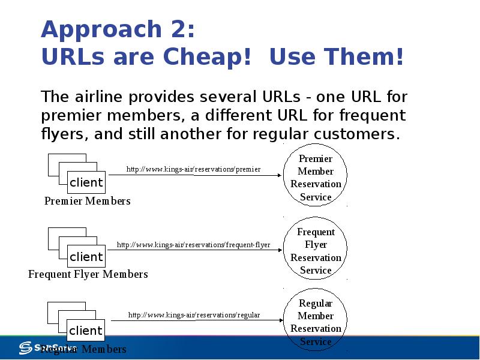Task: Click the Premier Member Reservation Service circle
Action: (316, 178)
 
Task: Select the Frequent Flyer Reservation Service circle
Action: (316, 251)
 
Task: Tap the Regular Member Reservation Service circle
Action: (316, 322)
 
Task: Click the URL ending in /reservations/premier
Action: (193, 169)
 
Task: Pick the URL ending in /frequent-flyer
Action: (193, 245)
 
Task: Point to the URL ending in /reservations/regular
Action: (194, 315)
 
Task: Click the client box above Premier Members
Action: (86, 182)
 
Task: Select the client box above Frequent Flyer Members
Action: (86, 257)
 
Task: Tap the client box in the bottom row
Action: (86, 331)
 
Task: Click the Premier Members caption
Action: (88, 201)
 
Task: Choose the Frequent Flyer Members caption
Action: (88, 274)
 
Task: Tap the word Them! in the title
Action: (364, 58)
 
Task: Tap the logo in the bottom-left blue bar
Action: (27, 347)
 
